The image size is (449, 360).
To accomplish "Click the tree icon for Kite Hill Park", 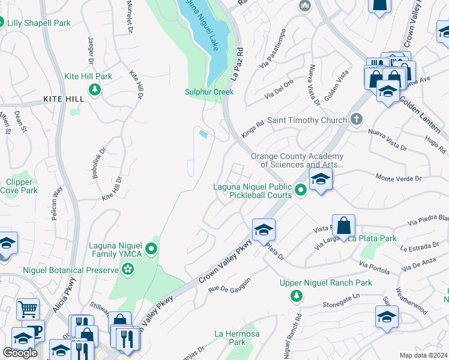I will [x=94, y=90].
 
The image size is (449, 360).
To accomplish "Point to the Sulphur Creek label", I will [x=209, y=92].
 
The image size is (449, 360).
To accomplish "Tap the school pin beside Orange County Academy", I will [x=321, y=179].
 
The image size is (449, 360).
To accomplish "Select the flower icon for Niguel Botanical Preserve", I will [x=127, y=271].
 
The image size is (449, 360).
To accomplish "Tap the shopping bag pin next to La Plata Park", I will [x=343, y=226].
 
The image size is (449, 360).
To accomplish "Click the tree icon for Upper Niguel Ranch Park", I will [x=295, y=295].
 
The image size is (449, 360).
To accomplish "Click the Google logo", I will [x=20, y=352].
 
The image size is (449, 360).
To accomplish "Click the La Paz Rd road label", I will [x=236, y=65].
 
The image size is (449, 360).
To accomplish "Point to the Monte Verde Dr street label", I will [x=399, y=178].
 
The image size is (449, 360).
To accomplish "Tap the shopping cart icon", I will [x=28, y=310].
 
